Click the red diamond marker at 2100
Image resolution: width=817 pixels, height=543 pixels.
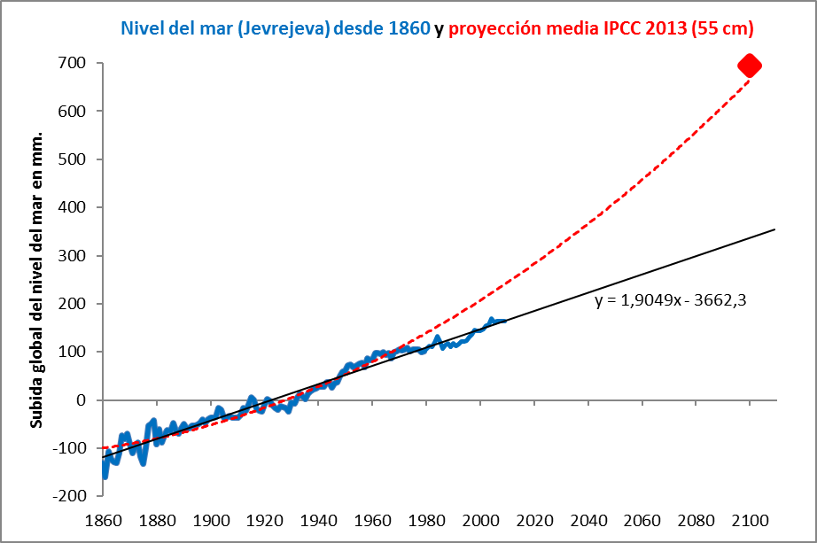coord(749,65)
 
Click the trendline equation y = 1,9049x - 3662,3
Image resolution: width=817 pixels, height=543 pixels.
coord(671,300)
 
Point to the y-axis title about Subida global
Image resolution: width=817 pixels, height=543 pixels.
coord(37,279)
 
